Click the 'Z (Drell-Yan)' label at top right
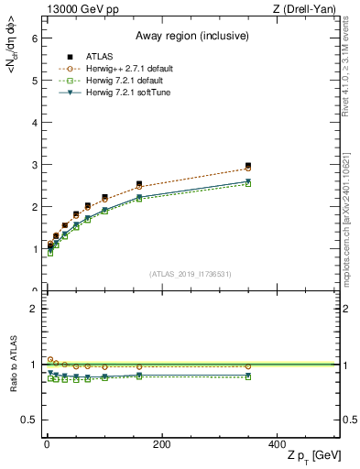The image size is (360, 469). coord(309,9)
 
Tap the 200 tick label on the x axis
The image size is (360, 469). coord(161,444)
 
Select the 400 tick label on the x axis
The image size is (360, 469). coord(277,444)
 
